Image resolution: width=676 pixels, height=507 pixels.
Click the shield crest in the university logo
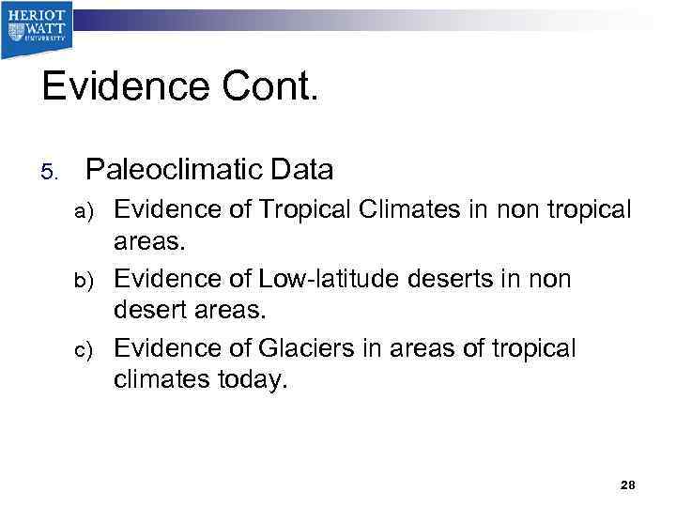[x=17, y=31]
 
